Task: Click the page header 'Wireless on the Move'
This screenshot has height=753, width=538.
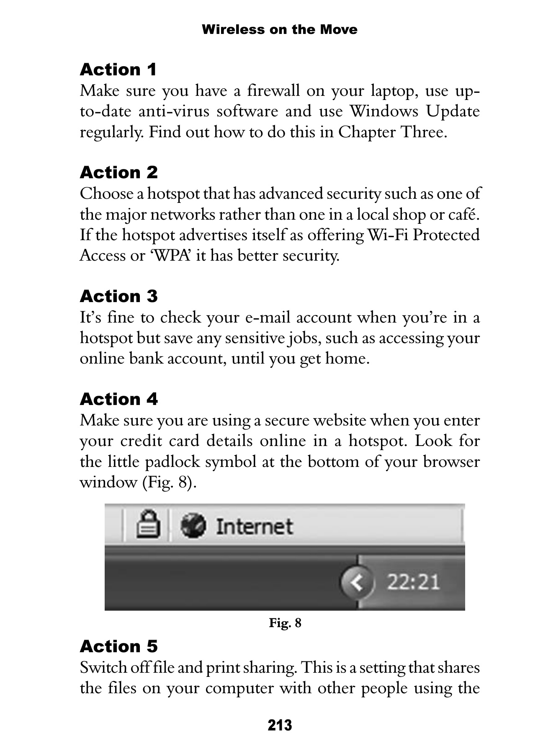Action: [x=279, y=30]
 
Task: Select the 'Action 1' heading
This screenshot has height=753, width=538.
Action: [x=118, y=69]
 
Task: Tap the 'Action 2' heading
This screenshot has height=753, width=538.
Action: [x=118, y=172]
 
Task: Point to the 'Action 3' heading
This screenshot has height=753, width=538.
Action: [x=118, y=296]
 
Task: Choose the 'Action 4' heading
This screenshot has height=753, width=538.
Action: [x=118, y=399]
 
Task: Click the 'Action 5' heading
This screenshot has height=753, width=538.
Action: [x=118, y=646]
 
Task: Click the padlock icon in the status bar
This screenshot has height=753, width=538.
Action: [x=149, y=525]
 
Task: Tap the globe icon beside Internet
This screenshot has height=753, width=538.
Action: [x=193, y=525]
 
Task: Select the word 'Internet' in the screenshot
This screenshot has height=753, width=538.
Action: [x=254, y=526]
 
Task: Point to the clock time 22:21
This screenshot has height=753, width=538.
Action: [x=413, y=582]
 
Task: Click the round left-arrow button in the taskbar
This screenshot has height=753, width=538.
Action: [x=356, y=582]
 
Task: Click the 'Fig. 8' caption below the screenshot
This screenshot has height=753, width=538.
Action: [x=285, y=623]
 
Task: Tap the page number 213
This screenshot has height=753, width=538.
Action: [x=280, y=725]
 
